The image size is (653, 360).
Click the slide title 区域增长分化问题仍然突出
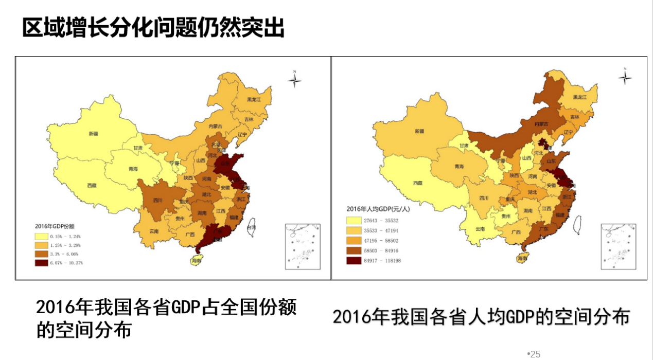[153, 27]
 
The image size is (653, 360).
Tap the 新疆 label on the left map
[93, 134]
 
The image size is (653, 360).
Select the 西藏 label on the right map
[417, 183]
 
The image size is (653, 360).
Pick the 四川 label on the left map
[157, 201]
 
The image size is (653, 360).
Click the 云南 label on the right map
[480, 229]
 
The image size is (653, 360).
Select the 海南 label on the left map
[196, 261]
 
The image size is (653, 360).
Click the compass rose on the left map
[295, 80]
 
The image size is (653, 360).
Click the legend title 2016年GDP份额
[55, 226]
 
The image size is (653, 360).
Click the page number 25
[535, 354]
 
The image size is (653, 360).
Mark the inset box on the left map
[302, 246]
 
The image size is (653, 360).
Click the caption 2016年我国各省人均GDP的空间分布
[481, 316]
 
